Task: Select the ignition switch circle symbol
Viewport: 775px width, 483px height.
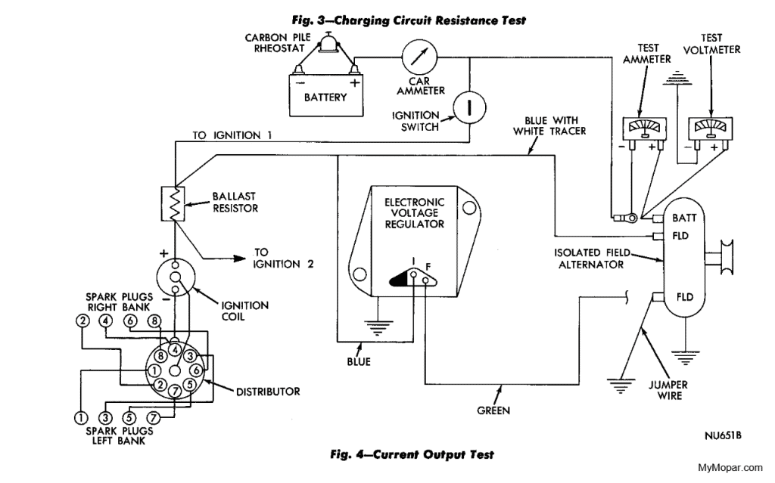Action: pos(469,107)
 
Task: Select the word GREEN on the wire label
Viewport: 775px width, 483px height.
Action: pos(492,411)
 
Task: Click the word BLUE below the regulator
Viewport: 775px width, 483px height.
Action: pos(359,361)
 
